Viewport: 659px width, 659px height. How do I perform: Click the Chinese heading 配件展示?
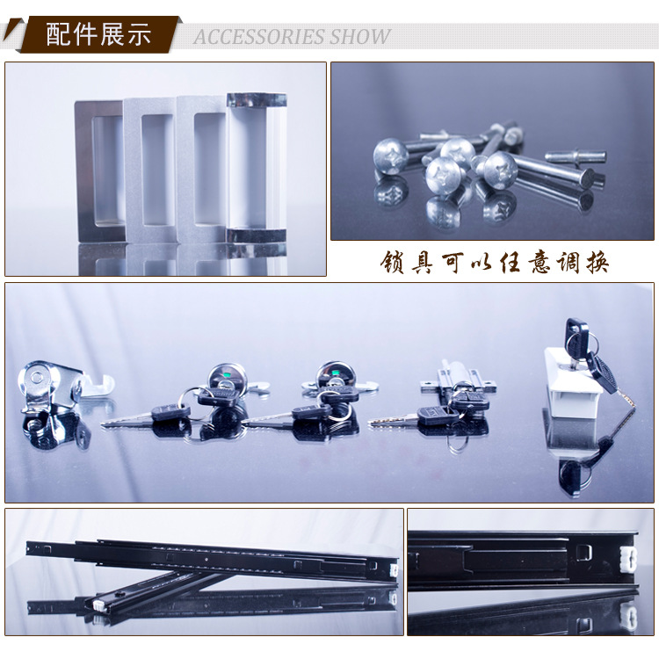click(98, 35)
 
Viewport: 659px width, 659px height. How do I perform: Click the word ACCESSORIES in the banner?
click(259, 37)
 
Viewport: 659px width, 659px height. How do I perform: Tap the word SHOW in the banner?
click(360, 37)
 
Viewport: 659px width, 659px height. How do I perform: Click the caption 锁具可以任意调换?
click(494, 263)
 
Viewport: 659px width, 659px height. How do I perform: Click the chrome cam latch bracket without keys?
click(50, 387)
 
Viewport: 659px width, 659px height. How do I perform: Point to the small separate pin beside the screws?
click(576, 156)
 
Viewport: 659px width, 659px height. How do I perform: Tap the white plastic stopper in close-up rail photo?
click(628, 558)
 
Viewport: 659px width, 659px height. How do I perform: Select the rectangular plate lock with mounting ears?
click(458, 382)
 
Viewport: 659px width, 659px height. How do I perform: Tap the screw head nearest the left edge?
click(390, 156)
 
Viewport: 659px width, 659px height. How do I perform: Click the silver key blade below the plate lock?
click(394, 420)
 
